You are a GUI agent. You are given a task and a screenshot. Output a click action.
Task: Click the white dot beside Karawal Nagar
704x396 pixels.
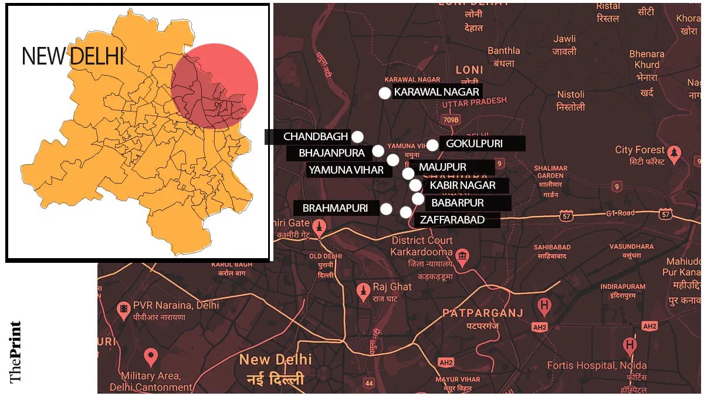[x=384, y=93]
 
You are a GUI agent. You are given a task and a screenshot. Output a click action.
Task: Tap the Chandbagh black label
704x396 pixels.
[x=308, y=137]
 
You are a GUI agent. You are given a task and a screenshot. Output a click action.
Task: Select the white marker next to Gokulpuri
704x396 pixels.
[x=432, y=145]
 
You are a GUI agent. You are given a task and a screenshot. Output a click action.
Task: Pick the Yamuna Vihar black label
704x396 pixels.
[x=345, y=170]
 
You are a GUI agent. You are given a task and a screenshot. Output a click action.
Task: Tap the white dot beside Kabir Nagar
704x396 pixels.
[x=415, y=185]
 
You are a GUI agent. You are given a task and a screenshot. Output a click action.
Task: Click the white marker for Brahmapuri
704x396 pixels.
[x=386, y=208]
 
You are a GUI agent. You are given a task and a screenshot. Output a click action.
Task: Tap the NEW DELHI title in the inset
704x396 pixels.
[x=73, y=56]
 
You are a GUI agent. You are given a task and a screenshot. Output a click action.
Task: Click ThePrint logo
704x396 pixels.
[x=16, y=351]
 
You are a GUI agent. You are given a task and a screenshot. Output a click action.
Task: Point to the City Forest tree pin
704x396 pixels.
[x=675, y=154]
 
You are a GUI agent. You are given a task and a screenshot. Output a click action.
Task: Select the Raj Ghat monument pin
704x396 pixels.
[x=363, y=290]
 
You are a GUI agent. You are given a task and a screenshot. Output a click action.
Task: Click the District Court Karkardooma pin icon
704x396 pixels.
[x=463, y=257]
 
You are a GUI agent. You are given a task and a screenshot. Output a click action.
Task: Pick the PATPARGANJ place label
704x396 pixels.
[x=482, y=313]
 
